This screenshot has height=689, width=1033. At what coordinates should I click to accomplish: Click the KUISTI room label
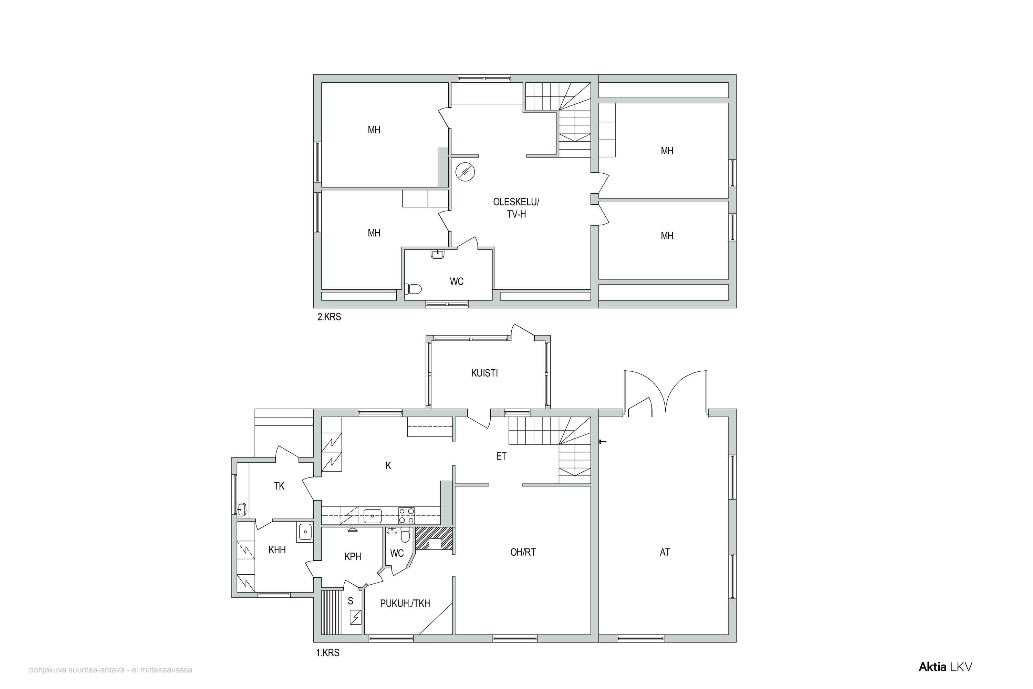coord(484,373)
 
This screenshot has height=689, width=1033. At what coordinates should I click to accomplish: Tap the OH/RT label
coord(523,552)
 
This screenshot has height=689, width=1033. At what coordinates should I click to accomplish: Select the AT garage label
coord(665,552)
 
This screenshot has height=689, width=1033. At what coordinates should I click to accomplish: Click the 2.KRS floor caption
coord(329,317)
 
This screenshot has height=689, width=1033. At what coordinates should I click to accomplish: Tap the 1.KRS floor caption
coord(328,653)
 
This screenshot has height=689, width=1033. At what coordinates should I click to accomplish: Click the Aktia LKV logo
coord(946,667)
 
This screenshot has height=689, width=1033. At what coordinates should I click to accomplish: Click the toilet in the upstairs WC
coord(413,289)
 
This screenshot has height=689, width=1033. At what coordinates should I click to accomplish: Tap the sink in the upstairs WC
coord(437,254)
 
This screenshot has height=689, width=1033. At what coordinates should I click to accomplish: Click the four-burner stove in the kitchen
coord(406,515)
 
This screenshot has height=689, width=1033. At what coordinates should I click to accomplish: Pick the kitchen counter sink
coord(373,516)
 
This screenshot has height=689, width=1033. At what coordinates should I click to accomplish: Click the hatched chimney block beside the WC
coord(434,538)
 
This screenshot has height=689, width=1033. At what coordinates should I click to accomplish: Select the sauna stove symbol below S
coord(355,617)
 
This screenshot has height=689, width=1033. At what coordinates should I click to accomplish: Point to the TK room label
coord(279,486)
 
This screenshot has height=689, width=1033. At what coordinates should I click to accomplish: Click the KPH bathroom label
coord(353,557)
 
